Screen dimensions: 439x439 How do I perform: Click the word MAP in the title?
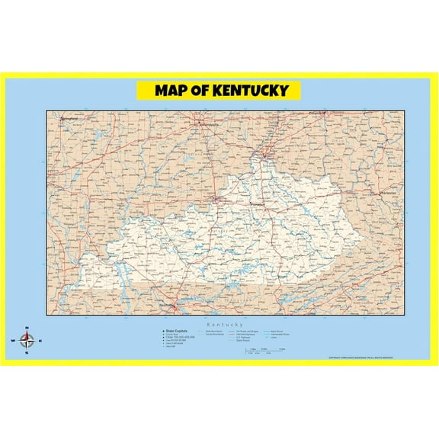(x=173, y=91)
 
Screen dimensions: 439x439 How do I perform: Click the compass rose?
(x=27, y=341)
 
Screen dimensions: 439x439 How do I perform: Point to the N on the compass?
(x=27, y=328)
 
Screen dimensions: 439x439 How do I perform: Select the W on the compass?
(x=14, y=341)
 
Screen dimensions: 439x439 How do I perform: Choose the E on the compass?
(x=40, y=341)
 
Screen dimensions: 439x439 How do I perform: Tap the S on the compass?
(x=27, y=353)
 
